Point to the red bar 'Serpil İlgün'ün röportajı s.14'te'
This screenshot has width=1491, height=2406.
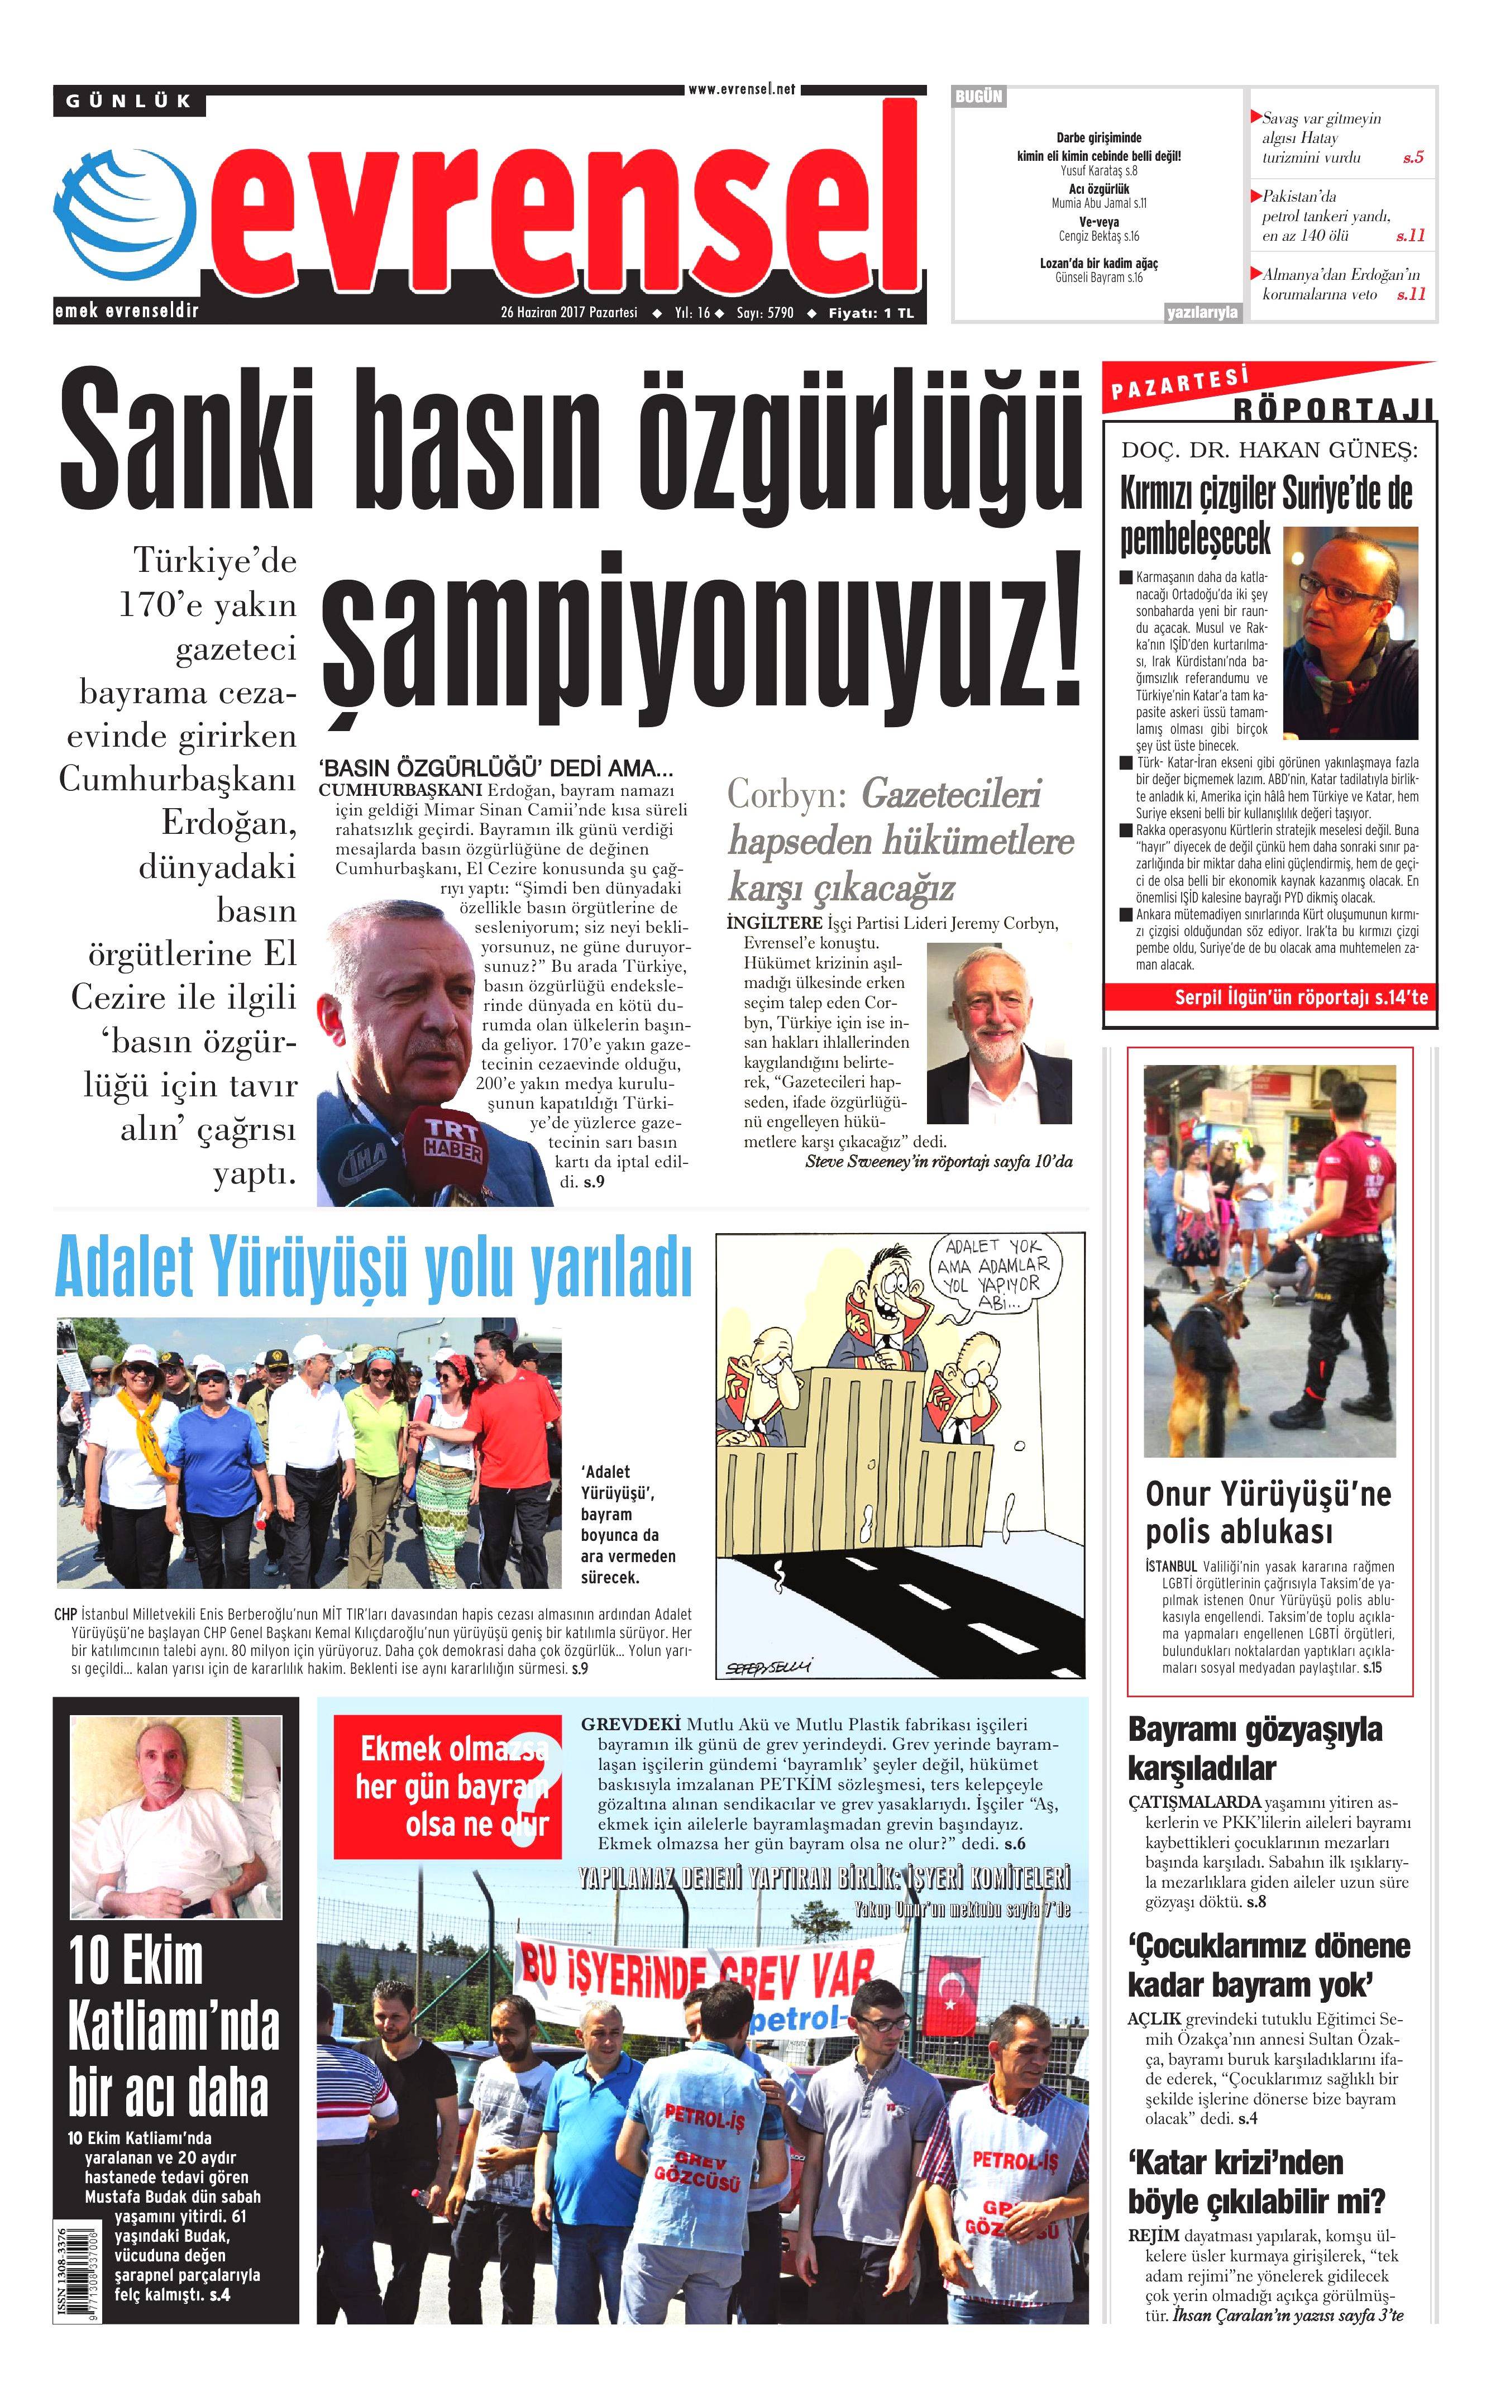click(x=1270, y=998)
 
